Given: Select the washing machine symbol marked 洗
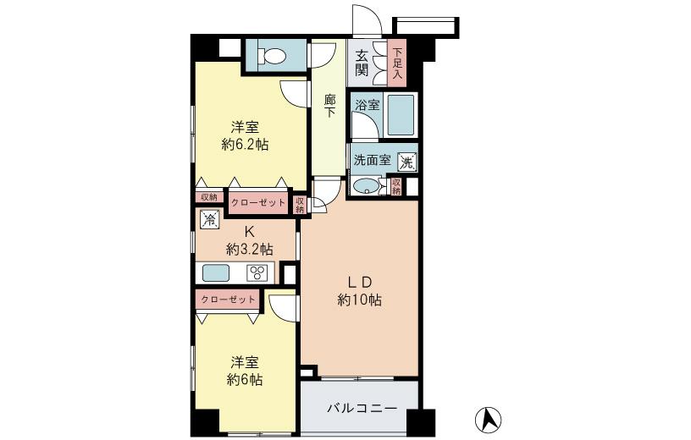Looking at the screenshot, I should point(407,161).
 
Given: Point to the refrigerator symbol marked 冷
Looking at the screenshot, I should point(209,218).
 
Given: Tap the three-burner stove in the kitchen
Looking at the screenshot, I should point(257,272).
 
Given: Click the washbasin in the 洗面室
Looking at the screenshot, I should point(366,186).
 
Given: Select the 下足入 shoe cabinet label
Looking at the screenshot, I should point(397,63).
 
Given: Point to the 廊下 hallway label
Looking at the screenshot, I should point(330,105).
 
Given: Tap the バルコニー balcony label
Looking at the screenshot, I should point(362,409).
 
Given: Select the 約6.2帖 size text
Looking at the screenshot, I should point(246,145).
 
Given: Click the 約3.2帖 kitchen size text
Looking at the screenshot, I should point(249,249).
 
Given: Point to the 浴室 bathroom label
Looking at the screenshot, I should point(368,105).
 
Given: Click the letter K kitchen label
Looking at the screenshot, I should point(249,231).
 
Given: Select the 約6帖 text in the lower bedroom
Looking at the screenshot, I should point(244,380).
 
